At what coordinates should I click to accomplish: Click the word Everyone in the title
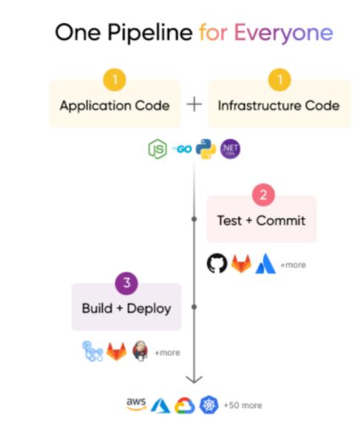pos(283,33)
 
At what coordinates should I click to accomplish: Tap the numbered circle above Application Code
pos(115,80)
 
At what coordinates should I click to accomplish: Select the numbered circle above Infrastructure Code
pos(279,80)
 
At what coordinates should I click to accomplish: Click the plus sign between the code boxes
pos(194,104)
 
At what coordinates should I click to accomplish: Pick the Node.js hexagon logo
pos(157,149)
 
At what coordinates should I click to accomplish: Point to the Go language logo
pos(182,149)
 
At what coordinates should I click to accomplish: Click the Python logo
pos(206,149)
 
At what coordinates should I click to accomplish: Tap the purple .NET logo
pos(230,149)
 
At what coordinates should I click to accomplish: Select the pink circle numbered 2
pos(263,195)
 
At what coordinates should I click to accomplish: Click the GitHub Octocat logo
pos(217,263)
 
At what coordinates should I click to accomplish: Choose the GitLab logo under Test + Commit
pos(241,263)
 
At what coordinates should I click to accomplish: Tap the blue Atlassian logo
pos(265,263)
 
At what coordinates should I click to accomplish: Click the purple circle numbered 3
pos(126,283)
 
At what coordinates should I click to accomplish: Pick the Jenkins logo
pos(140,351)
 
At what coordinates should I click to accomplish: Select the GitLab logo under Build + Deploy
pos(117,351)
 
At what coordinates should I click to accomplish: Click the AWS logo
pos(136,404)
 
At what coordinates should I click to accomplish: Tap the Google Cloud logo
pos(185,406)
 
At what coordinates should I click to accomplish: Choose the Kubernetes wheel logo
pos(209,405)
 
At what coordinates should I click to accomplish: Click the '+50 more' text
pos(242,405)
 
